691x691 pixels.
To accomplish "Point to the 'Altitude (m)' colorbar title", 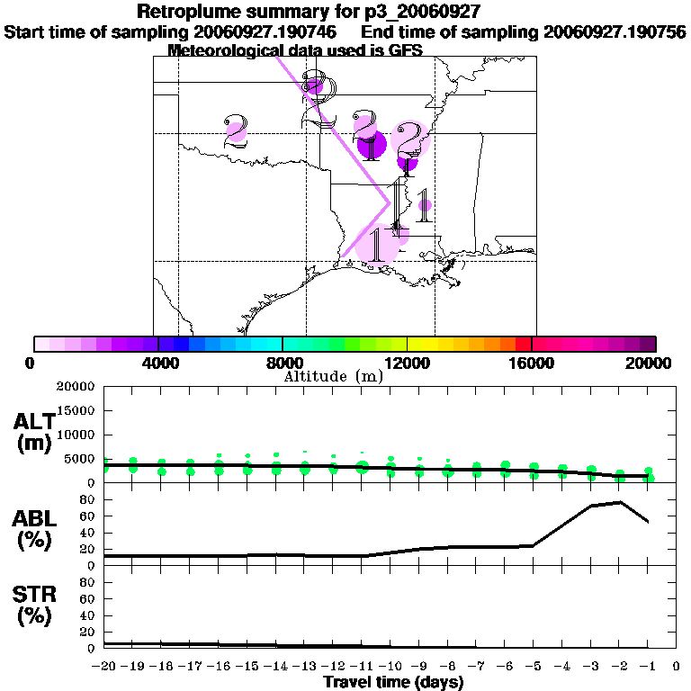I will [x=333, y=377].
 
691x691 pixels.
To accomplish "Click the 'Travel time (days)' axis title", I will [x=393, y=682].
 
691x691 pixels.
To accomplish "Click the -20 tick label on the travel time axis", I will [x=105, y=667].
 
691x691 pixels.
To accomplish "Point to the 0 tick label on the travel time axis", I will [x=676, y=667].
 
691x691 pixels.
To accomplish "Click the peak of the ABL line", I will [x=620, y=502].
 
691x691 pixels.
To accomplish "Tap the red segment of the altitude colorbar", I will [x=524, y=344].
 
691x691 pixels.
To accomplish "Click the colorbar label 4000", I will [x=157, y=363].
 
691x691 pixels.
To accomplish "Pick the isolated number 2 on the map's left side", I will [x=236, y=131].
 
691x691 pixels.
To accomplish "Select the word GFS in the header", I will [x=378, y=50].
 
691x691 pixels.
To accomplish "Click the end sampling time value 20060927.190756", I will [x=615, y=32].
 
